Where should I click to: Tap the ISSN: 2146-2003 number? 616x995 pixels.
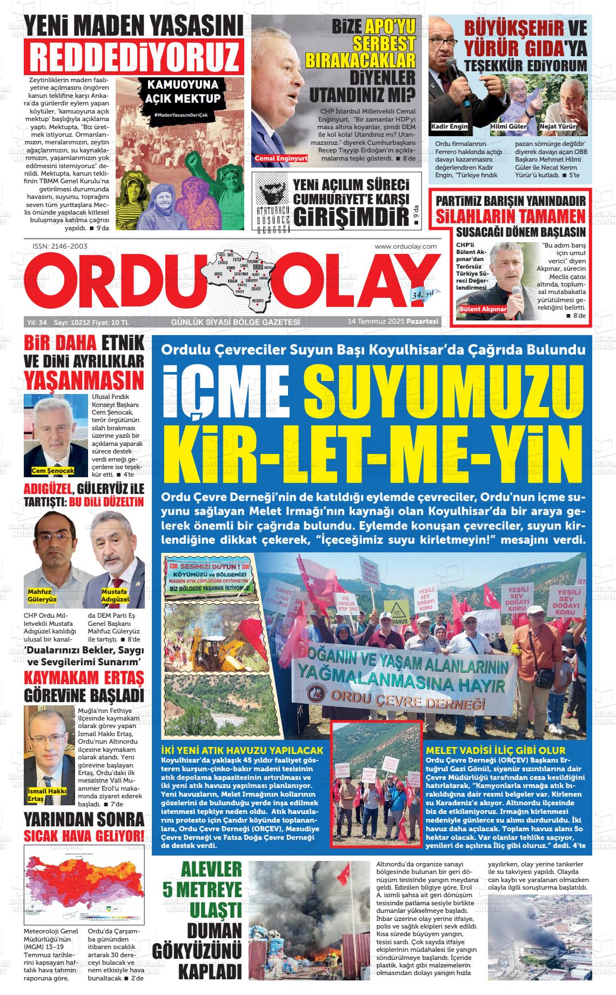click(x=60, y=246)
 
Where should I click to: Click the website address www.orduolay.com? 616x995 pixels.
click(x=405, y=246)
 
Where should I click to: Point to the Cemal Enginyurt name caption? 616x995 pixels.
click(x=282, y=158)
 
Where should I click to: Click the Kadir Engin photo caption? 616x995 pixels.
click(x=450, y=126)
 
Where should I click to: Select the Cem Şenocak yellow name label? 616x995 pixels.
click(x=53, y=471)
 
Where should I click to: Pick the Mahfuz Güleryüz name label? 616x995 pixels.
click(x=42, y=596)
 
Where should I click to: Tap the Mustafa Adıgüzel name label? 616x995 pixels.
click(x=115, y=596)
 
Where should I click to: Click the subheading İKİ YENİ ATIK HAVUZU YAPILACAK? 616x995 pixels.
click(x=242, y=751)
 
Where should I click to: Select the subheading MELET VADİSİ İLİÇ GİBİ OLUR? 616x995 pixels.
click(x=496, y=751)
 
